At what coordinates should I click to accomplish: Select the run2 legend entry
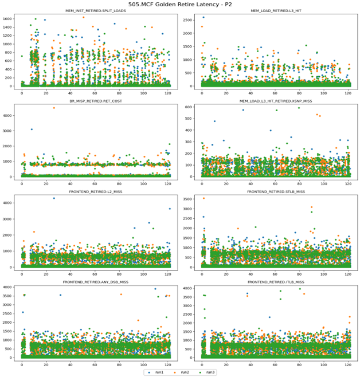(184, 372)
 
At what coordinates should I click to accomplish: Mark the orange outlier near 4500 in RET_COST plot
(54, 108)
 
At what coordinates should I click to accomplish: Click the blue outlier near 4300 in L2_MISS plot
(54, 198)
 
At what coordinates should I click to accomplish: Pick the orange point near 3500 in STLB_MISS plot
(203, 198)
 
